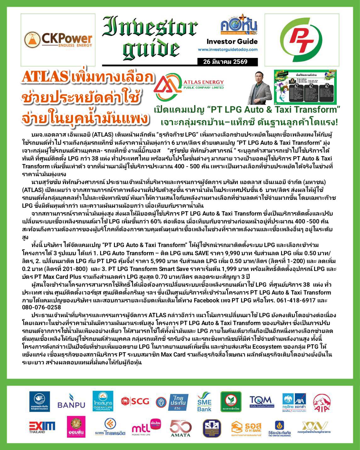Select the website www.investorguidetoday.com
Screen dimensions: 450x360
pos(228,49)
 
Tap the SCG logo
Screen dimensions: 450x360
pos(135,401)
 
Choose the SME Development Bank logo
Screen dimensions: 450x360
pos(204,402)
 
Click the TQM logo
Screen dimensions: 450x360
pos(260,401)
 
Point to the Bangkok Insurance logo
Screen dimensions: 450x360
pos(39,402)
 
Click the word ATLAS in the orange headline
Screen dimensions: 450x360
pos(45,77)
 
